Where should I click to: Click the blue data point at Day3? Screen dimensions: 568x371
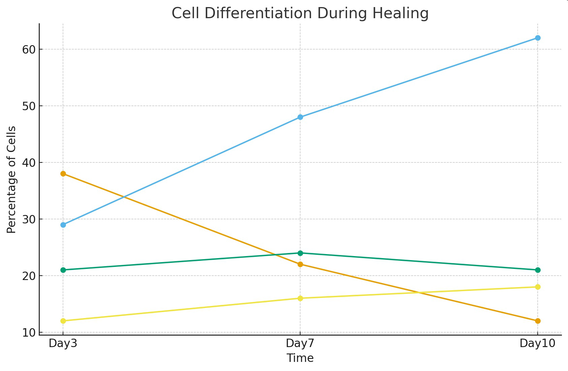(x=63, y=225)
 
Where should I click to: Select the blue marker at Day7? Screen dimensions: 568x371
(x=300, y=117)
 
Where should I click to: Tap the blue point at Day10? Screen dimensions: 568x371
(x=538, y=38)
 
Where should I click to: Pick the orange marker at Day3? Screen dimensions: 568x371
(x=63, y=174)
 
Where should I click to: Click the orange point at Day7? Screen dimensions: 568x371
(x=300, y=265)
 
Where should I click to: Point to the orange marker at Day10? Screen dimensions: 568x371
(x=538, y=321)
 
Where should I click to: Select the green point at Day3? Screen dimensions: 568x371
(x=63, y=270)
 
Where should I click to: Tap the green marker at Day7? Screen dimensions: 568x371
(x=300, y=253)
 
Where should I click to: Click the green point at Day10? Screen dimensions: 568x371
(x=538, y=270)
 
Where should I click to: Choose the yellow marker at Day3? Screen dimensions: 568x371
(x=63, y=321)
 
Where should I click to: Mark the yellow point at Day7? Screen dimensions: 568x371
(x=300, y=298)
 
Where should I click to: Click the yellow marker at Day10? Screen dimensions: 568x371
(x=538, y=287)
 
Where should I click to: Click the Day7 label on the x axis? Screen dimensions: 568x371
(x=300, y=344)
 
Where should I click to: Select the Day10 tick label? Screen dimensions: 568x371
(x=538, y=344)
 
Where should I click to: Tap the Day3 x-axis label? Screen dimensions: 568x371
(x=63, y=344)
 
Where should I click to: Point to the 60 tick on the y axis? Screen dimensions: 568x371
(x=28, y=50)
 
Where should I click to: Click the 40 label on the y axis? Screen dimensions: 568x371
(x=28, y=163)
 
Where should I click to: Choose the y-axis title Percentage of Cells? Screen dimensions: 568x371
(x=11, y=180)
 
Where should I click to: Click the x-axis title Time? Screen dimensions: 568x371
(x=300, y=358)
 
